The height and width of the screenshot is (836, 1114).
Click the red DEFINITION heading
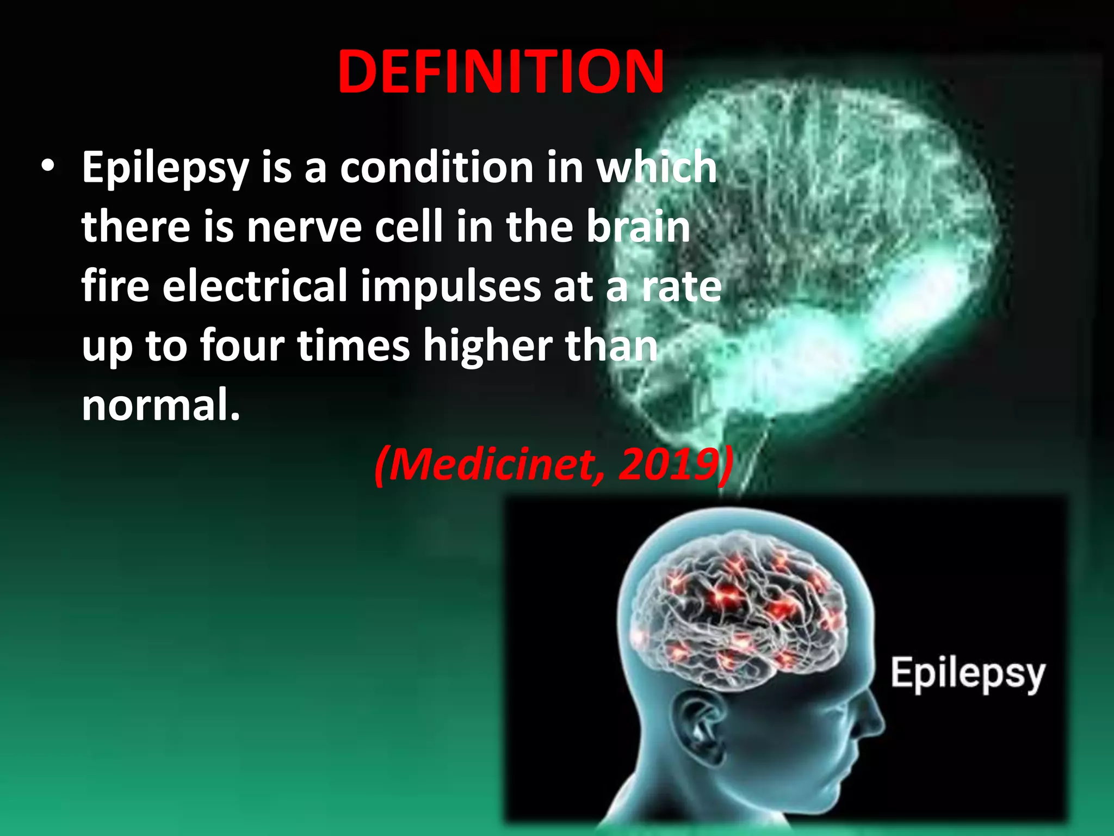(x=500, y=72)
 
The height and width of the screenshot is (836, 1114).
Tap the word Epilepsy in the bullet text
(x=165, y=169)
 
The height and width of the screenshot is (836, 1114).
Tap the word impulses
(x=450, y=287)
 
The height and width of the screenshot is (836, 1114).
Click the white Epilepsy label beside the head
(x=968, y=674)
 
